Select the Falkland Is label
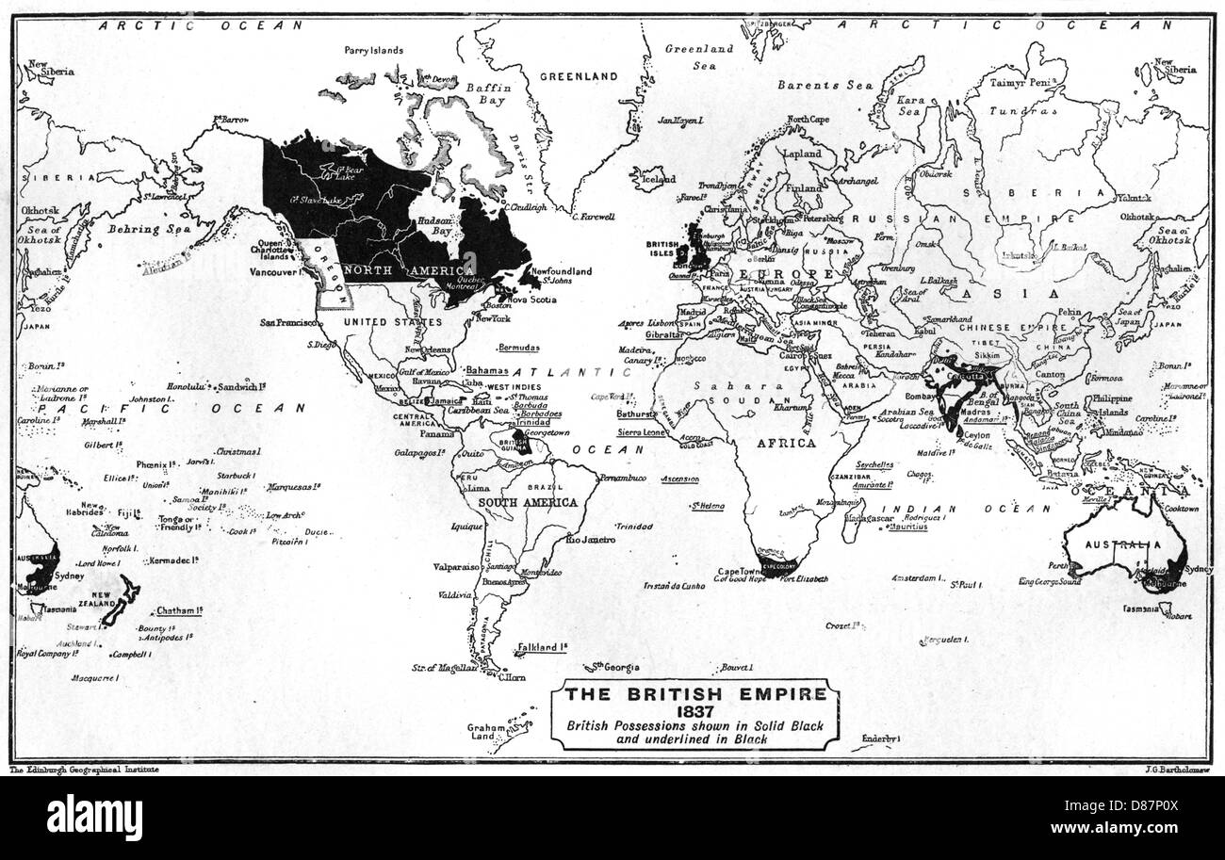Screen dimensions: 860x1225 pos(542,648)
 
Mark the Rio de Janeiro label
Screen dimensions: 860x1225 pos(590,540)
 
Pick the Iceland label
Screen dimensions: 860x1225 pos(657,178)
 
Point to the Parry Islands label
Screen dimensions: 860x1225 pos(374,50)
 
